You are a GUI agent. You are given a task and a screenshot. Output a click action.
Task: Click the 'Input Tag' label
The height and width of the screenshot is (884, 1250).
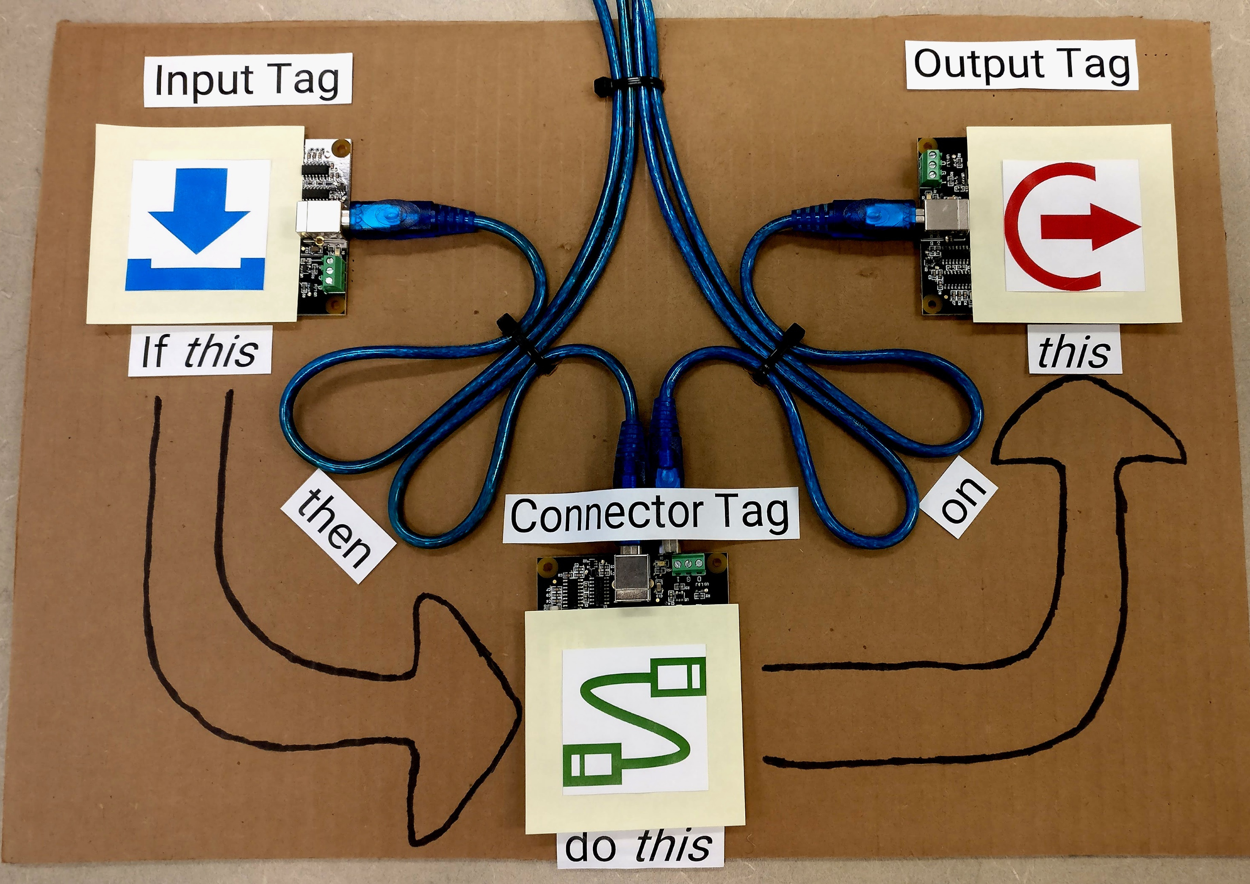coord(248,80)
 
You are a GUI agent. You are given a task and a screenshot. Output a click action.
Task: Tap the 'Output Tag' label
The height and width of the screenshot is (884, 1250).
coord(1021,65)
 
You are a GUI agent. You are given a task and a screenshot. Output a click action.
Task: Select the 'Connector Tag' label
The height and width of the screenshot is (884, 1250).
coord(650,514)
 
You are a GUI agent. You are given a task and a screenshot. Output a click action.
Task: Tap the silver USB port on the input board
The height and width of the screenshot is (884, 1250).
coord(318,218)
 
